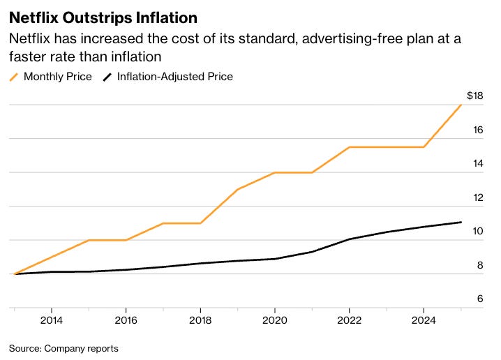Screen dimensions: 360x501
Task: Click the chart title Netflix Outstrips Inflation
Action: (103, 15)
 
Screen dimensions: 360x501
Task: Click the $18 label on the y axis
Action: (474, 96)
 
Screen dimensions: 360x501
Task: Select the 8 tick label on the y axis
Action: (479, 265)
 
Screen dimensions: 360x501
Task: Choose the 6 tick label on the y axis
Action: (479, 299)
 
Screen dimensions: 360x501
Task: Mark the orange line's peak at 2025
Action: (461, 105)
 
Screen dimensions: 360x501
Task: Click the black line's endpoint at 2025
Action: (461, 223)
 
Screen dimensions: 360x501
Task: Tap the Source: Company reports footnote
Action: (63, 347)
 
